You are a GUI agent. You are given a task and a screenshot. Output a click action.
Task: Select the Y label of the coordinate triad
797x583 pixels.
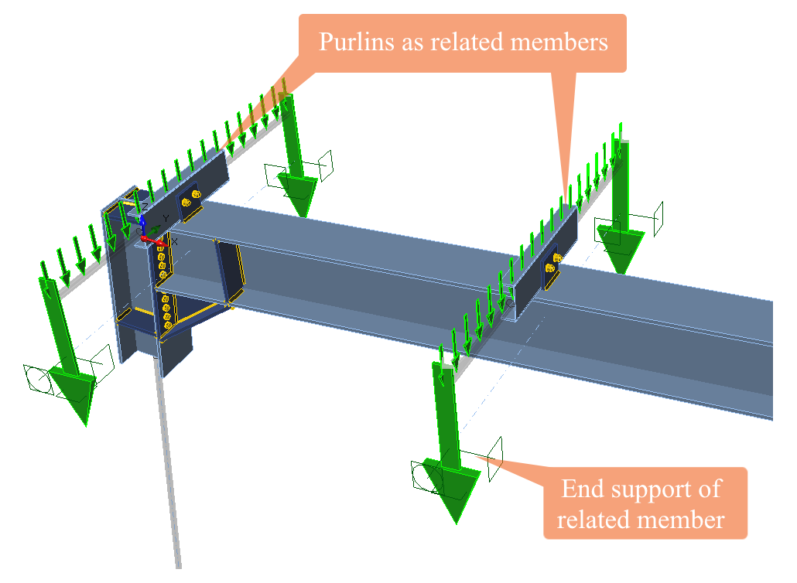pos(165,219)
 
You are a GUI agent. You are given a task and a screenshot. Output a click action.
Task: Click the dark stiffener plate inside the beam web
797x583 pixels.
pos(230,271)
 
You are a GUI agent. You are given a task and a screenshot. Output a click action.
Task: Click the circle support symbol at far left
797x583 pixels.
pos(37,380)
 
